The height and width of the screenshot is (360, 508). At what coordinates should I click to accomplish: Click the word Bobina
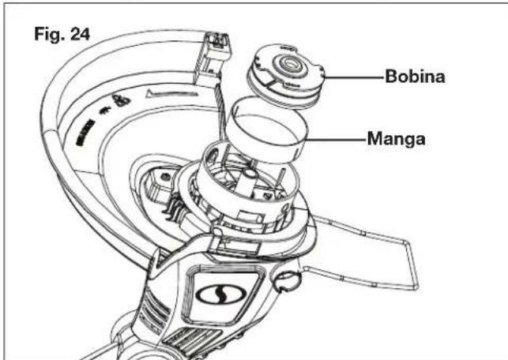415,77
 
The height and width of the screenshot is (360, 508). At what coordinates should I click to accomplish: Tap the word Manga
397,139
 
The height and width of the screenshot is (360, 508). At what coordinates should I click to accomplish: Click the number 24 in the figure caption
80,34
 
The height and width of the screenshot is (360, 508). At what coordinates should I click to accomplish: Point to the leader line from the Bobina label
354,77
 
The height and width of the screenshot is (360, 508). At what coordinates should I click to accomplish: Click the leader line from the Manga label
336,140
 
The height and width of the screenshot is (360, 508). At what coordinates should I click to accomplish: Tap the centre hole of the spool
288,64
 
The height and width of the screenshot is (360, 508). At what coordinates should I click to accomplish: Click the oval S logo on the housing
221,294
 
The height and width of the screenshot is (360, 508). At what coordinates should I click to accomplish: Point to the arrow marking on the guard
171,94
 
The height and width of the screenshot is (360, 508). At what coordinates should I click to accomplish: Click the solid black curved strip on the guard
85,133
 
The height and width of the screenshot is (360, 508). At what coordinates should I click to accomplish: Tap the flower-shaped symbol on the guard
121,100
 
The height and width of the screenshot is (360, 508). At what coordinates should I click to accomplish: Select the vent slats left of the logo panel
155,308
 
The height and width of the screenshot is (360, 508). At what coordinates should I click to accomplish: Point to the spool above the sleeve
285,76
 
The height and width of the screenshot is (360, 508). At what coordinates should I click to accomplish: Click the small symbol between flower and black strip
104,111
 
